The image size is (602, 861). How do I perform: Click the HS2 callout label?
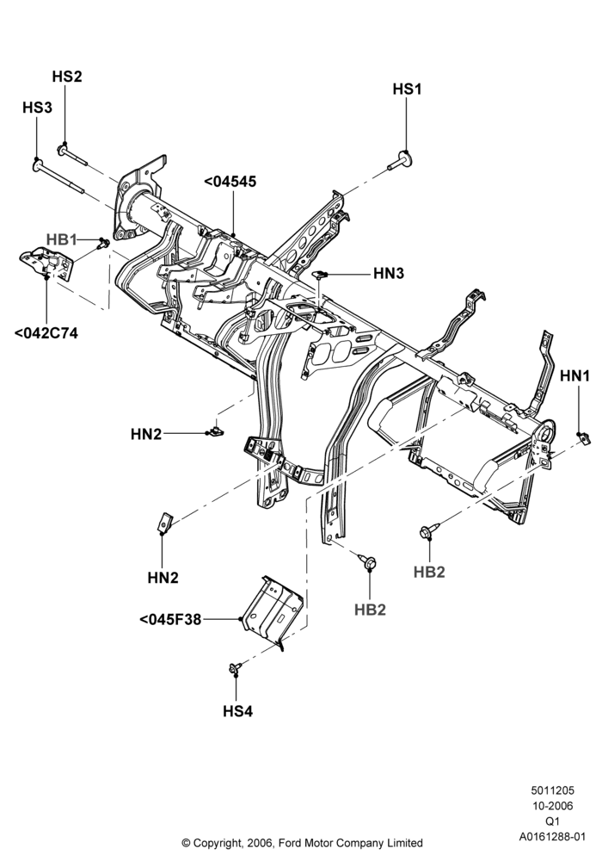pyautogui.click(x=67, y=77)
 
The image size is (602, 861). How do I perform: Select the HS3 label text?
pyautogui.click(x=37, y=108)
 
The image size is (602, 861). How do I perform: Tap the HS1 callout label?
pyautogui.click(x=408, y=89)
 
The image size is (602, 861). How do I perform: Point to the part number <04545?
pyautogui.click(x=230, y=182)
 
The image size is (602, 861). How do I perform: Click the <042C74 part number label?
pyautogui.click(x=46, y=332)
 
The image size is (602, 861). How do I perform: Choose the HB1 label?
pyautogui.click(x=61, y=240)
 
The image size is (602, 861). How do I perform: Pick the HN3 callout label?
pyautogui.click(x=389, y=273)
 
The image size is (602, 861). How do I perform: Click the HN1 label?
pyautogui.click(x=575, y=376)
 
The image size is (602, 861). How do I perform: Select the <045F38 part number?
pyautogui.click(x=170, y=619)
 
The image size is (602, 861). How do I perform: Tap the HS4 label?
pyautogui.click(x=238, y=712)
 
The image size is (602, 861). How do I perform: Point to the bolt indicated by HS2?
pyautogui.click(x=72, y=154)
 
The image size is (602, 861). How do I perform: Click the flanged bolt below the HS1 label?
pyautogui.click(x=400, y=160)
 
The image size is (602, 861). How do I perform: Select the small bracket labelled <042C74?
pyautogui.click(x=46, y=263)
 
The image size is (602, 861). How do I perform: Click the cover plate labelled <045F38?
pyautogui.click(x=273, y=610)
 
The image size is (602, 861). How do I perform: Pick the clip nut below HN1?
pyautogui.click(x=584, y=437)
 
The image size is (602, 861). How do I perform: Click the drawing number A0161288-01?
pyautogui.click(x=553, y=837)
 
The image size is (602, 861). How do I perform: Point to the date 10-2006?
pyautogui.click(x=553, y=806)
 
